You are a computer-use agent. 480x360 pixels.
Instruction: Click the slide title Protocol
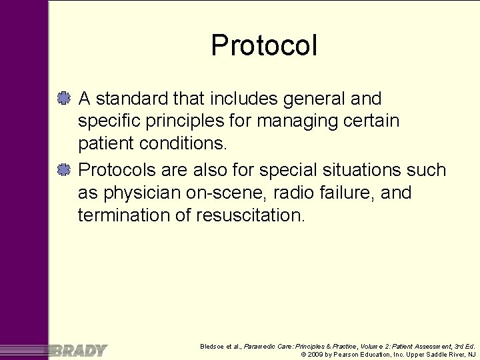[264, 46]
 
